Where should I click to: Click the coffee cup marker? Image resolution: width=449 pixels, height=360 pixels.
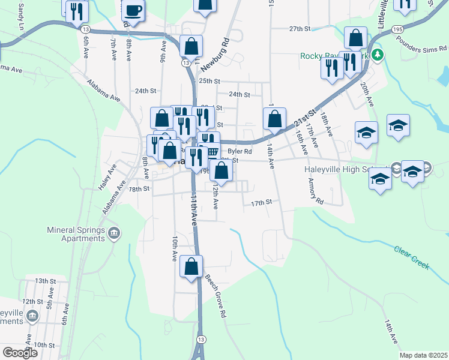(133, 11)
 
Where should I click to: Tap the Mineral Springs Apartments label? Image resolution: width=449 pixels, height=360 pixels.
(76, 234)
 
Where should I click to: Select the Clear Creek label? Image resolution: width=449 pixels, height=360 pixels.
(412, 257)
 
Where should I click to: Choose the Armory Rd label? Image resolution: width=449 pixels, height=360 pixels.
(315, 191)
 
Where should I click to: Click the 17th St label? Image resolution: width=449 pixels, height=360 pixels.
(262, 203)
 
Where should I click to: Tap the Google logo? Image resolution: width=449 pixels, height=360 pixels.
(20, 353)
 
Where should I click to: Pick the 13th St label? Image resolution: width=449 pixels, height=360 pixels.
(45, 281)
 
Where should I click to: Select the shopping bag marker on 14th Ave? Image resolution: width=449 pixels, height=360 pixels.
(274, 119)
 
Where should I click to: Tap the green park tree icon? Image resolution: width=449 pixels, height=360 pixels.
(378, 55)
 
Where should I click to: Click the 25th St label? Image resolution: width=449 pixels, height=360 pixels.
(210, 81)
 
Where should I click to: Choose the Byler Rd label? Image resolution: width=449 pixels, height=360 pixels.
(240, 152)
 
